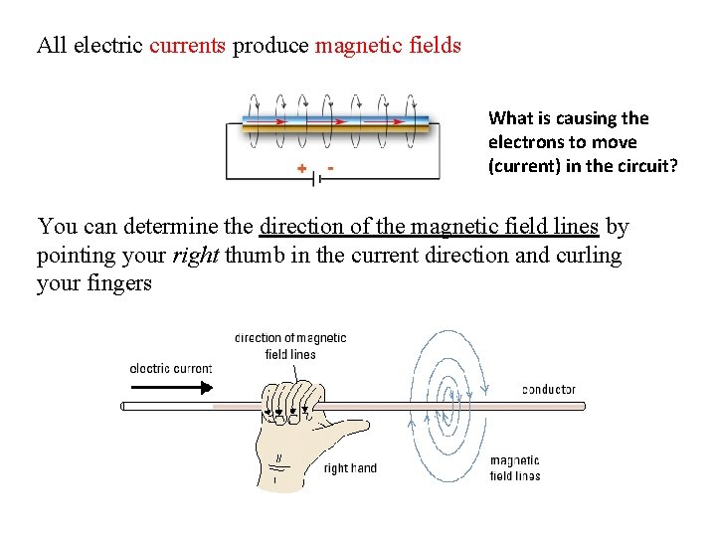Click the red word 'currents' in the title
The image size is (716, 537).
point(188,45)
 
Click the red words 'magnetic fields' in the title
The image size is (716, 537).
point(388,45)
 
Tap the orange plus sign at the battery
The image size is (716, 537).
point(301,169)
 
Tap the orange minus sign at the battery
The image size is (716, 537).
point(329,167)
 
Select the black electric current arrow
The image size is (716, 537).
point(171,388)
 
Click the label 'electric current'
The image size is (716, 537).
point(171,369)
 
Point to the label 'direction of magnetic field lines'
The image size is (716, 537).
point(290,346)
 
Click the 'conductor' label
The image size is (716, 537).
point(548,390)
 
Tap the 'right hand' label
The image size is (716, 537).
point(350,468)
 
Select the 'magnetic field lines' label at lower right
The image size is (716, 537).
point(515,467)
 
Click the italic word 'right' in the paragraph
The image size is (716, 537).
point(194,256)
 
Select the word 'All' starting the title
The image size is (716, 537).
point(51,45)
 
